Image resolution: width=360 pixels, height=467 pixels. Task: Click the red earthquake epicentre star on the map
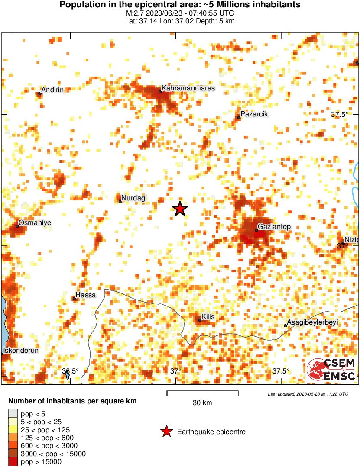click(x=180, y=209)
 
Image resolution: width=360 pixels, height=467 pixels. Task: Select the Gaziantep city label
click(x=274, y=227)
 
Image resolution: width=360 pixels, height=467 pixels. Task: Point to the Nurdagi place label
click(x=134, y=198)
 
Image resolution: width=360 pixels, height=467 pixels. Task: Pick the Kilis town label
click(x=208, y=317)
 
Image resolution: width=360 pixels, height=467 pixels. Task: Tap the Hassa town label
click(x=86, y=295)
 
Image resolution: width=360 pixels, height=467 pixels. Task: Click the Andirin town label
click(x=52, y=90)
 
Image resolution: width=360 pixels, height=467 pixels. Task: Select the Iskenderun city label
click(x=21, y=350)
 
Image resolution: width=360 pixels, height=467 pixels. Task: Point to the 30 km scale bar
click(x=202, y=393)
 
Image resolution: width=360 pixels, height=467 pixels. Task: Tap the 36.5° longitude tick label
click(x=70, y=371)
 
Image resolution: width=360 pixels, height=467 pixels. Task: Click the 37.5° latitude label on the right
click(x=340, y=115)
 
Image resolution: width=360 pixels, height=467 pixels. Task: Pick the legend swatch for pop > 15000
click(x=13, y=462)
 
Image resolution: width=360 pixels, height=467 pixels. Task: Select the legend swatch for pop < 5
click(x=13, y=413)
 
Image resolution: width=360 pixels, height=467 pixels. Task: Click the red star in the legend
click(x=166, y=432)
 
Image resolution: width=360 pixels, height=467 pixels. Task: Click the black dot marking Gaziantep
click(x=256, y=230)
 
